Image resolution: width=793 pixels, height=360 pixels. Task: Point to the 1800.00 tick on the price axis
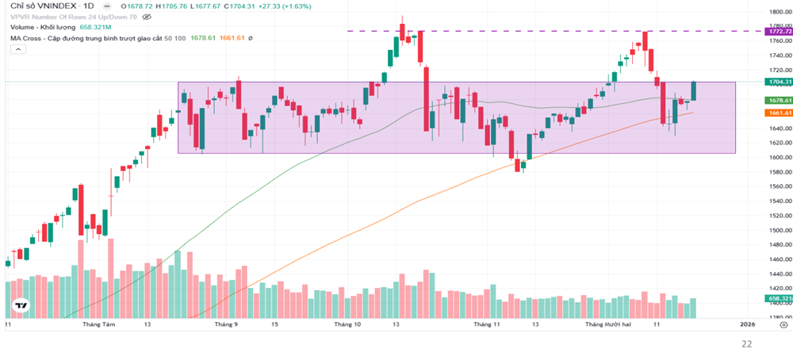[779, 12]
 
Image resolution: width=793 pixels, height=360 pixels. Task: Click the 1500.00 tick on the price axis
[779, 230]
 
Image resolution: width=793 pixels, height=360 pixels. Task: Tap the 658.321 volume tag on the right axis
[780, 298]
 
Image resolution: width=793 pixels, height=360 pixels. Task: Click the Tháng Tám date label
[98, 324]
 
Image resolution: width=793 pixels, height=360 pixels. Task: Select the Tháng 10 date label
[347, 324]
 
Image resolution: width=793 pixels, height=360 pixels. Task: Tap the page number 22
[746, 344]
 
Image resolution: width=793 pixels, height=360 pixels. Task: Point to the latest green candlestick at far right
[693, 90]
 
